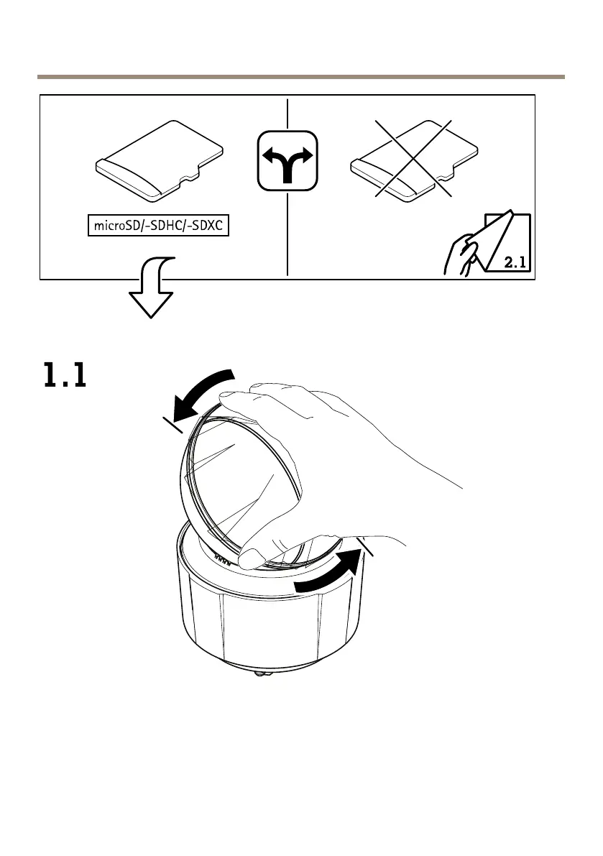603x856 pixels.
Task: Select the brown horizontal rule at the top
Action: (x=301, y=76)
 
